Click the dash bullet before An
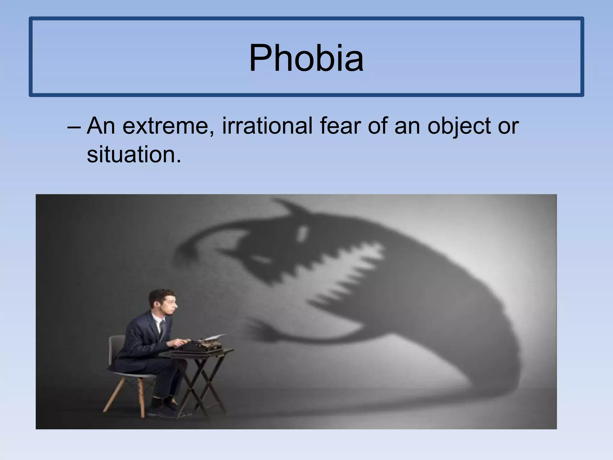click(x=74, y=126)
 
